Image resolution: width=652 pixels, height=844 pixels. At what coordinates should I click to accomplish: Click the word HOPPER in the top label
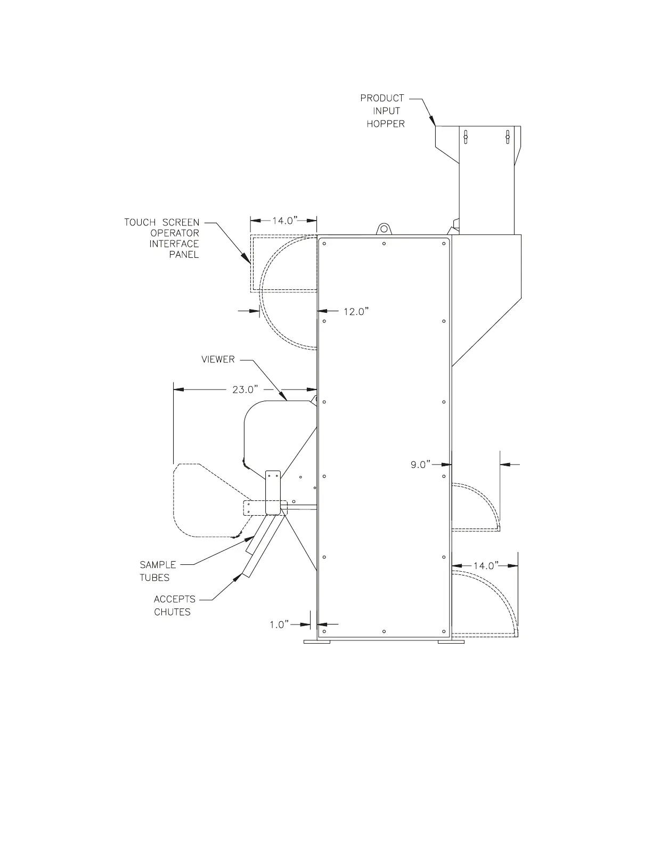click(x=385, y=124)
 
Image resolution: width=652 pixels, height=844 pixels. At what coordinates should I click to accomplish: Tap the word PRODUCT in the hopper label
click(x=382, y=98)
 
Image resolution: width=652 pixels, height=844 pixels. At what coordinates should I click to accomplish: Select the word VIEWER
click(x=218, y=360)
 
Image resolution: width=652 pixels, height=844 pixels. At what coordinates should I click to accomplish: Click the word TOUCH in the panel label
click(x=140, y=222)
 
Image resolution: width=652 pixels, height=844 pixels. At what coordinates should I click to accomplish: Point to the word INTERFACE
click(x=174, y=244)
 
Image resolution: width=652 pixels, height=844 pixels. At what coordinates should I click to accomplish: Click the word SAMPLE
click(x=158, y=565)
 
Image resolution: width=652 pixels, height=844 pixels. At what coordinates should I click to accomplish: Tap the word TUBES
click(x=154, y=578)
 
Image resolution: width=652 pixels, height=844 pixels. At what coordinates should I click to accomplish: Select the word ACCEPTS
click(x=175, y=599)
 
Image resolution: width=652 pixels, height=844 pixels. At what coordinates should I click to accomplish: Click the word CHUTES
click(x=172, y=612)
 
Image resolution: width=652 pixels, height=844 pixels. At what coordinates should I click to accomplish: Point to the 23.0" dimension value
click(x=245, y=389)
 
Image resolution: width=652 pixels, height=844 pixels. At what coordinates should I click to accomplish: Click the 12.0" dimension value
click(x=356, y=312)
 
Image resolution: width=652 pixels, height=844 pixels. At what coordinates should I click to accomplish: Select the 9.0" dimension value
click(x=421, y=465)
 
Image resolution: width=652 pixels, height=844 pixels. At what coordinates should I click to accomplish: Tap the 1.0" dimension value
click(x=279, y=624)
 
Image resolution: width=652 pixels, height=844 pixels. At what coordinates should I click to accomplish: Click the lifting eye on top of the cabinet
click(x=384, y=229)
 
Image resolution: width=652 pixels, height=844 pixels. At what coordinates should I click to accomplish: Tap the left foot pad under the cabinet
click(x=316, y=642)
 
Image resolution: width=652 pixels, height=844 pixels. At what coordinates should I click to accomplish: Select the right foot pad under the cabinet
click(x=451, y=642)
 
